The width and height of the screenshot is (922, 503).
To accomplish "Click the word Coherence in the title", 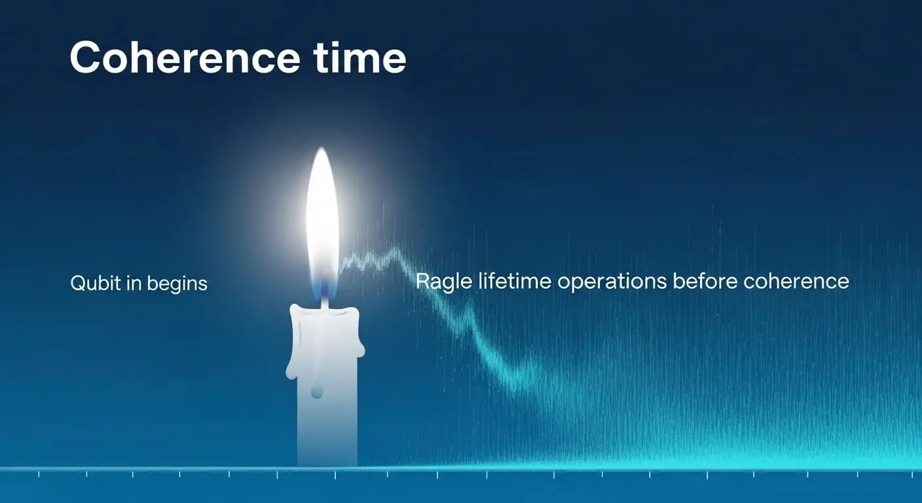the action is (x=185, y=57).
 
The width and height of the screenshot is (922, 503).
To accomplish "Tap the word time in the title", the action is (x=360, y=57).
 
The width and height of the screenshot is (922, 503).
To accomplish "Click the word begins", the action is (x=177, y=284).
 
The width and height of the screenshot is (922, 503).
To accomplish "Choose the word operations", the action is (x=612, y=282).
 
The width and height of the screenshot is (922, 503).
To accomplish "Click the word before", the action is (x=705, y=282).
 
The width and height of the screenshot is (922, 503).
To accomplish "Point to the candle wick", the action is (x=325, y=301).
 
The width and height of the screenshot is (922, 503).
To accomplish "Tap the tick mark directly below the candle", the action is (x=335, y=475).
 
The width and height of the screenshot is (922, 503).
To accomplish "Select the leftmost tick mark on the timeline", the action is (x=39, y=475).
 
